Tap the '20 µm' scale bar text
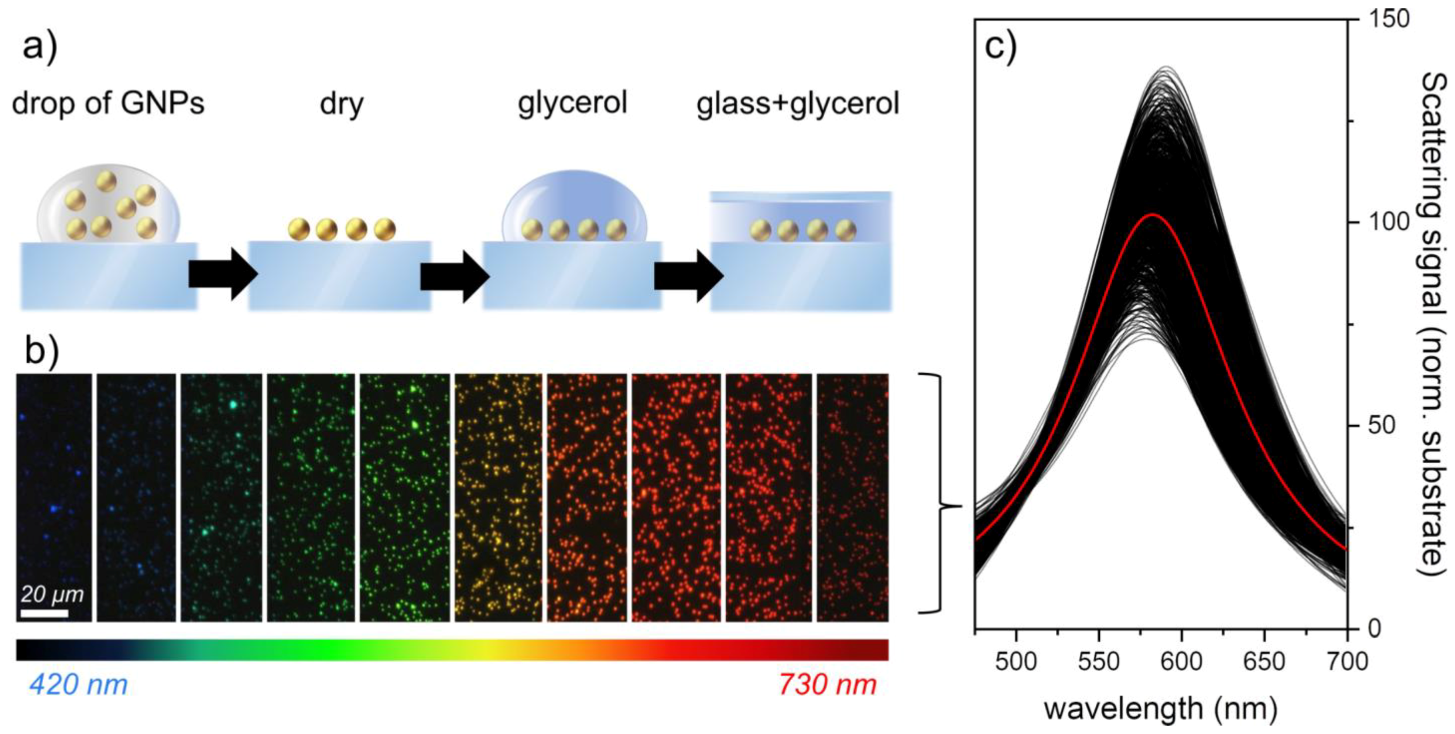point(52,594)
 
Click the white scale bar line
point(45,613)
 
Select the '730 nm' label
point(828,685)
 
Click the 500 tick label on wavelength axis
point(1016,661)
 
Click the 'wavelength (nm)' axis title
point(1160,709)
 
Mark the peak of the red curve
point(1152,215)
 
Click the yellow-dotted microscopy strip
point(497,497)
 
